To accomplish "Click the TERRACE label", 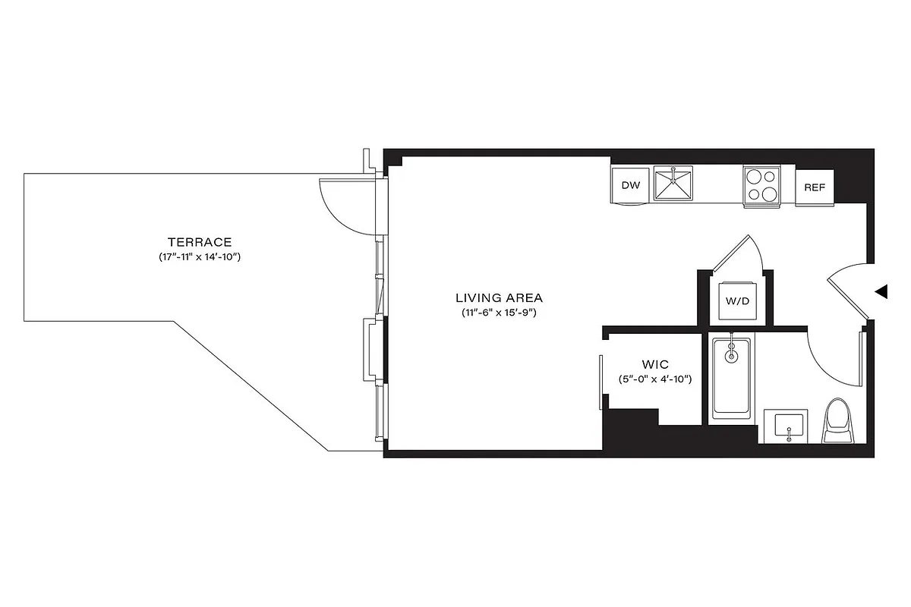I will coord(195,242).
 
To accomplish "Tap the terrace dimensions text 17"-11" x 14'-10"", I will coord(195,258).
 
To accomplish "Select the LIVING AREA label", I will coord(499,297).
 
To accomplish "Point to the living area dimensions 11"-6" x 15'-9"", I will coord(499,313).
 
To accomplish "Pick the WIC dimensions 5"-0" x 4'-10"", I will coord(654,379).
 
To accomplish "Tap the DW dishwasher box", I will coord(630,185).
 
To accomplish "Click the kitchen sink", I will coord(673,184).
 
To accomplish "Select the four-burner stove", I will coord(762,184).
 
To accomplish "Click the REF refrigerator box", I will coord(815,187).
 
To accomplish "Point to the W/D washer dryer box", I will coord(737,300).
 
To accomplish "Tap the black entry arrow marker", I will coord(881,291).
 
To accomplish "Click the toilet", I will coord(838,422).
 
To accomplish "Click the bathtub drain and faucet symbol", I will coord(732,353).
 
